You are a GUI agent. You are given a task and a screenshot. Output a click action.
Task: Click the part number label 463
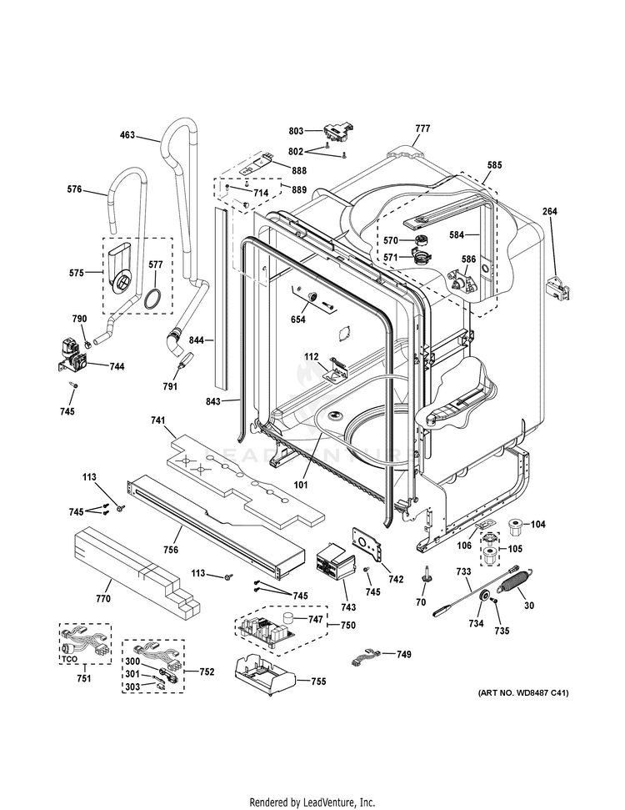(127, 134)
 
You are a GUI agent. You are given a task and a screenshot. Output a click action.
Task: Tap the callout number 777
(422, 128)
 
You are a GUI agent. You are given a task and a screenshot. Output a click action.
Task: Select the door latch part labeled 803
(335, 132)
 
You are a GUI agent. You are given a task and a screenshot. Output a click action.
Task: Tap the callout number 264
(549, 211)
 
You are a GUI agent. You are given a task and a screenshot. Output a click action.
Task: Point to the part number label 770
(103, 598)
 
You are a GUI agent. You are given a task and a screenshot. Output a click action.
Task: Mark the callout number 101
(300, 484)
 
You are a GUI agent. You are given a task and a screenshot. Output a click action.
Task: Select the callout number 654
(297, 319)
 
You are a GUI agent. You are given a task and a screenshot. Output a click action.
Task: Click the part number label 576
(74, 189)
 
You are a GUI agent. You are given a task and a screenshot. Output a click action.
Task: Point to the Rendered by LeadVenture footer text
(312, 802)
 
